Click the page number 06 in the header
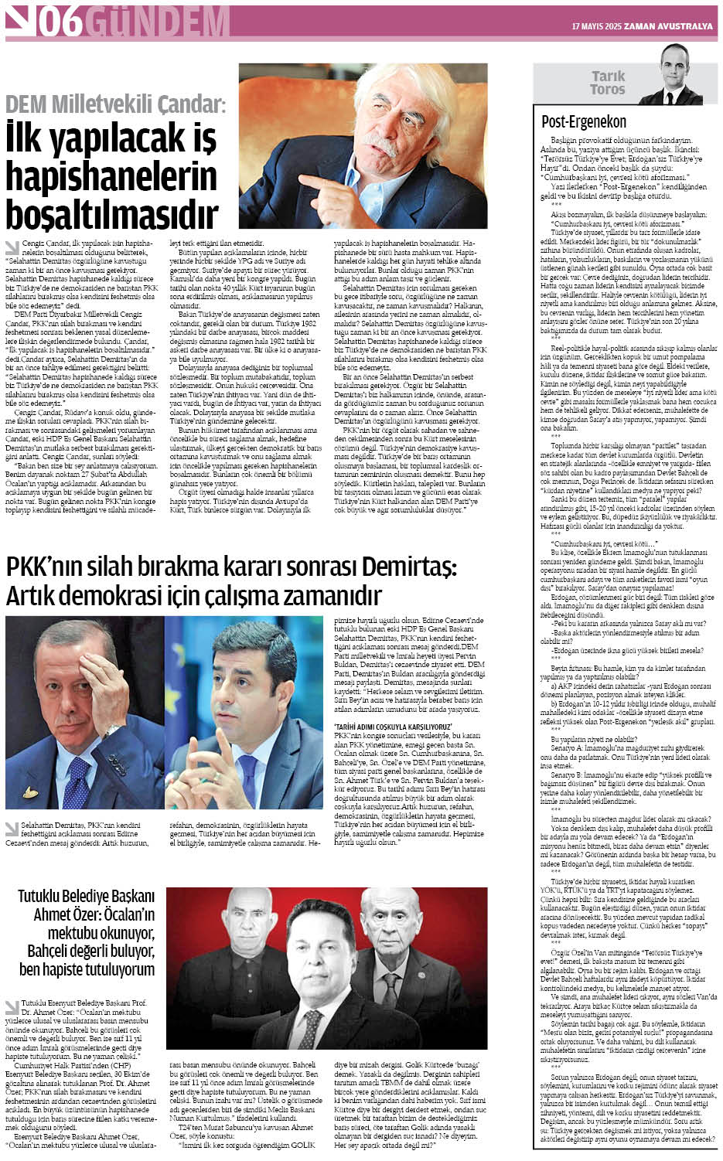coord(60,22)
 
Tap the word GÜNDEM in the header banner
coord(158,22)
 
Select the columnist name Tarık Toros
coord(608,83)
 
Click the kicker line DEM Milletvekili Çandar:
coord(116,104)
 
